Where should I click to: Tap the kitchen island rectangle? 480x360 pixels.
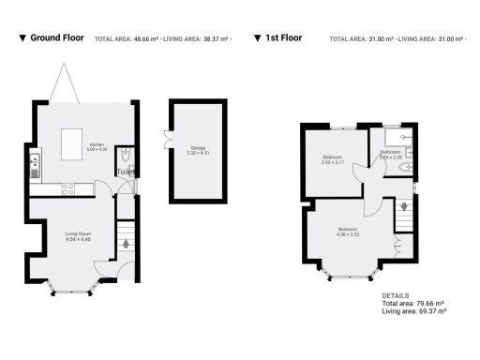click(71, 147)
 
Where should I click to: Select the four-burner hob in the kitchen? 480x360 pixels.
click(67, 187)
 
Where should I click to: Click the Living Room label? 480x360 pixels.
click(77, 233)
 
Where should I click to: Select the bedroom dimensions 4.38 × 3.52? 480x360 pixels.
click(349, 234)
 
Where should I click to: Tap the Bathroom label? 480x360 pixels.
click(391, 152)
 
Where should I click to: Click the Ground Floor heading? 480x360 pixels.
click(58, 38)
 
